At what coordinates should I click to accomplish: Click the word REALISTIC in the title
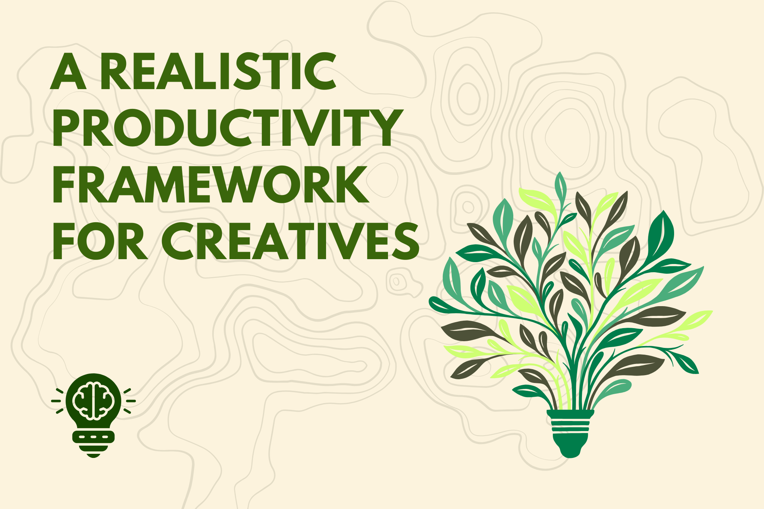[218, 71]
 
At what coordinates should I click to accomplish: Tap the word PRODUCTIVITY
[228, 128]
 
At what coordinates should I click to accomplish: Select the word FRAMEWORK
[210, 184]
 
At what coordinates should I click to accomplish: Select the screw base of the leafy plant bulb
[570, 425]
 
